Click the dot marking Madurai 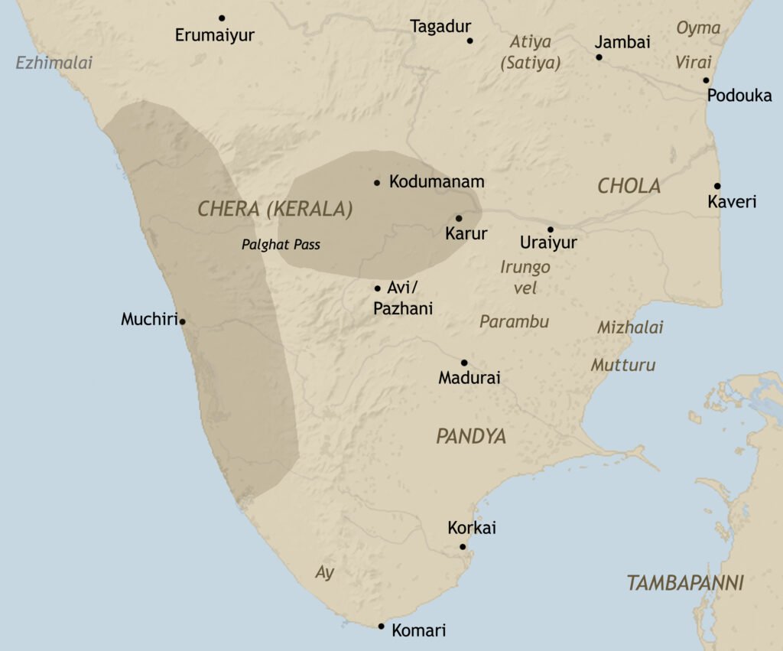pyautogui.click(x=464, y=363)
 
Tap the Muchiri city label pyautogui.click(x=148, y=319)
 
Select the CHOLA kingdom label pyautogui.click(x=629, y=186)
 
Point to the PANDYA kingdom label pyautogui.click(x=471, y=436)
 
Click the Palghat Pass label pyautogui.click(x=281, y=246)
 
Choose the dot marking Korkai pyautogui.click(x=463, y=546)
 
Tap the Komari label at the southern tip pyautogui.click(x=418, y=631)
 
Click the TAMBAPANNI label pyautogui.click(x=685, y=583)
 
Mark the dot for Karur pyautogui.click(x=459, y=218)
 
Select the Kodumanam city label pyautogui.click(x=437, y=182)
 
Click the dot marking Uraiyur pyautogui.click(x=550, y=229)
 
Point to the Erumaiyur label pyautogui.click(x=214, y=35)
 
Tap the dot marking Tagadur pyautogui.click(x=469, y=41)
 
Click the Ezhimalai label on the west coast pyautogui.click(x=54, y=63)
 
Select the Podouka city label pyautogui.click(x=739, y=96)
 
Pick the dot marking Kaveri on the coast pyautogui.click(x=717, y=186)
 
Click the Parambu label pyautogui.click(x=514, y=321)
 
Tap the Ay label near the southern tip pyautogui.click(x=325, y=572)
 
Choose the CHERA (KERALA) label pyautogui.click(x=275, y=209)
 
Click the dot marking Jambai pyautogui.click(x=599, y=57)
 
